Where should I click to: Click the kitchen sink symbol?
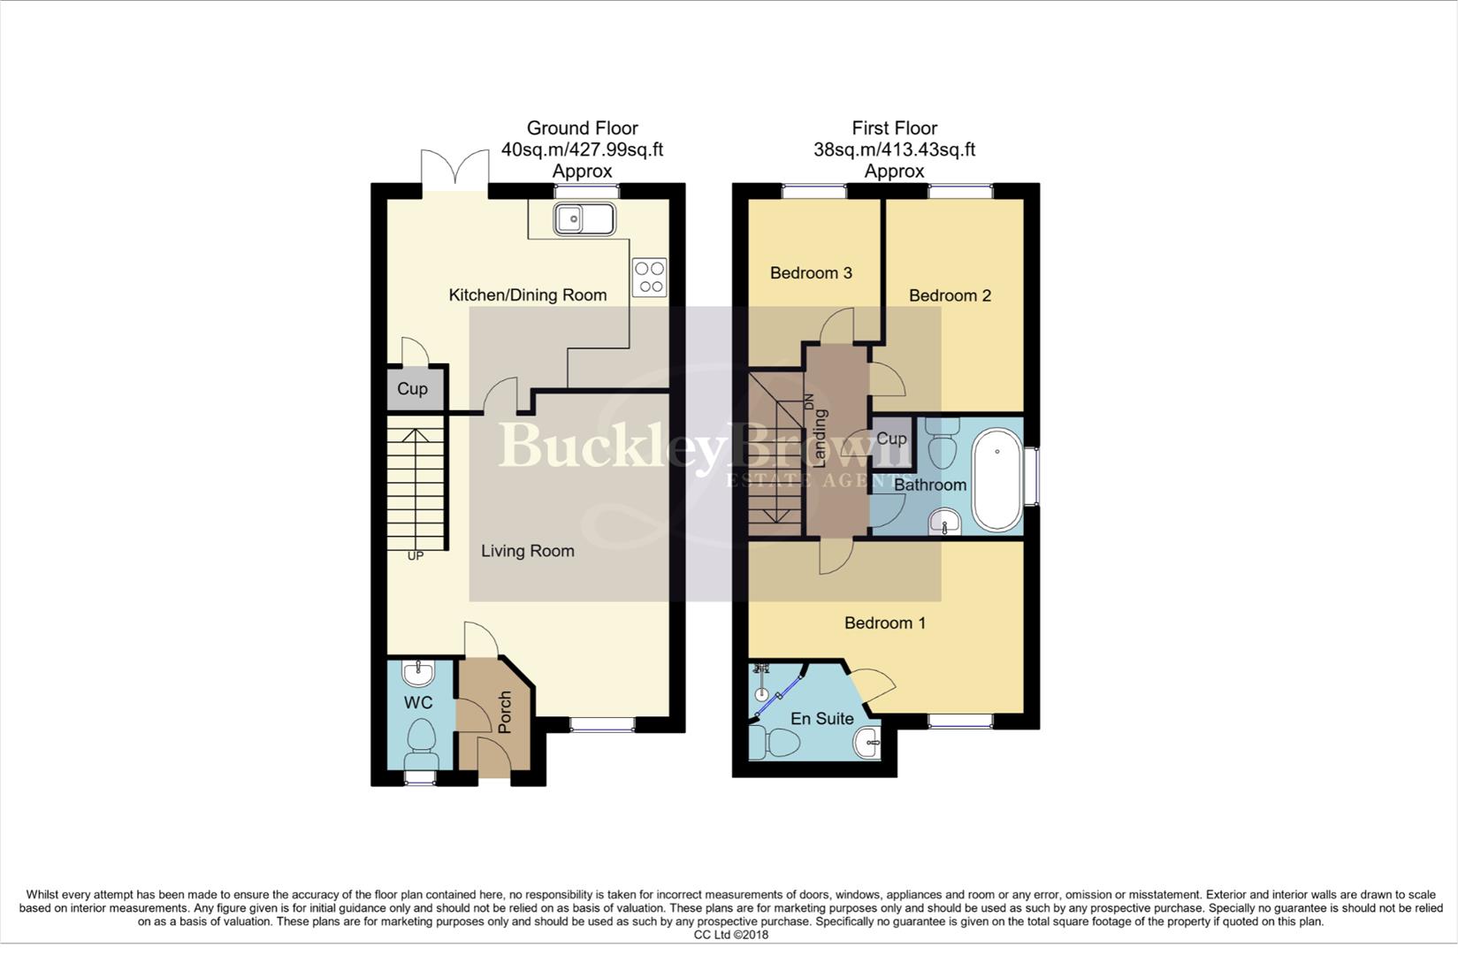pos(584,218)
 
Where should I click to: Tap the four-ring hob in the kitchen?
pos(650,277)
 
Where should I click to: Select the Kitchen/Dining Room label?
pos(528,295)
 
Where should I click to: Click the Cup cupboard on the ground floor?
pos(412,389)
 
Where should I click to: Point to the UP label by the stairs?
pos(415,556)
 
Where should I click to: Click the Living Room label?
pos(528,551)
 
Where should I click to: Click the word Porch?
pos(505,713)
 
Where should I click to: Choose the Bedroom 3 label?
pos(811,273)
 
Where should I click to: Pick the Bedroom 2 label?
pos(950,295)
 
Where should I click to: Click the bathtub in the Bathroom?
pos(996,480)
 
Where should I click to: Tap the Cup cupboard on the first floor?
pos(891,439)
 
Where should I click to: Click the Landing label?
pos(820,439)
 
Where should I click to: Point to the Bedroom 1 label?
pos(884,623)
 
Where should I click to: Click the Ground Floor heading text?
pos(582,128)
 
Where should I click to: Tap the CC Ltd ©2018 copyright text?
pos(730,935)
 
